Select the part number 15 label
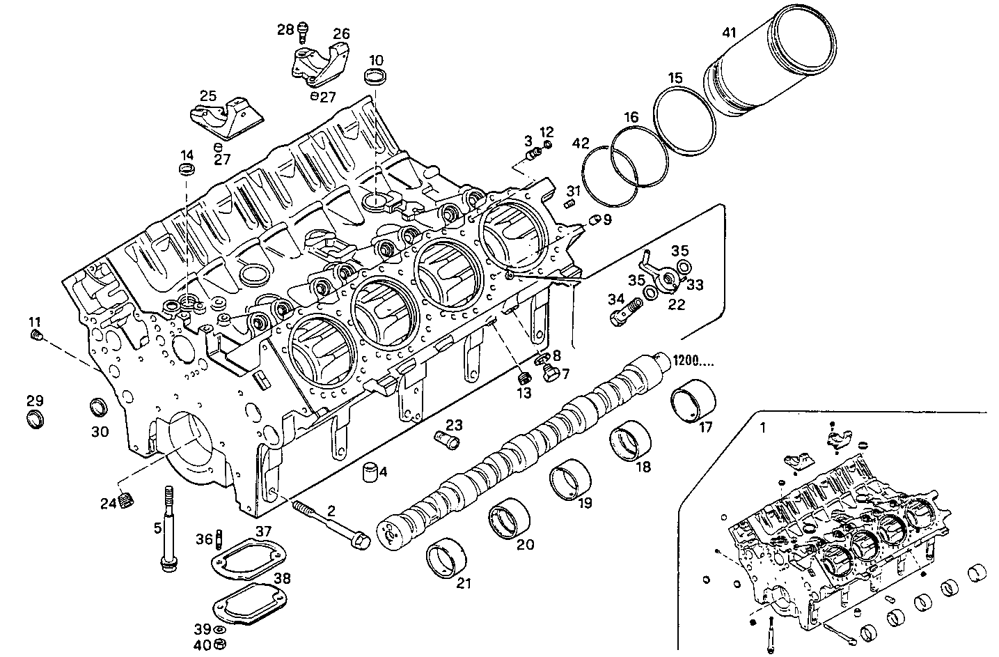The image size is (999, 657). click(676, 77)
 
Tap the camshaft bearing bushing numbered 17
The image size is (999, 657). click(690, 402)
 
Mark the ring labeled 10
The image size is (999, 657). click(375, 77)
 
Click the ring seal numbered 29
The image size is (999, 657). click(35, 419)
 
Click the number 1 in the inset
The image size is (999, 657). click(762, 429)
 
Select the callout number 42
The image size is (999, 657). click(581, 144)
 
